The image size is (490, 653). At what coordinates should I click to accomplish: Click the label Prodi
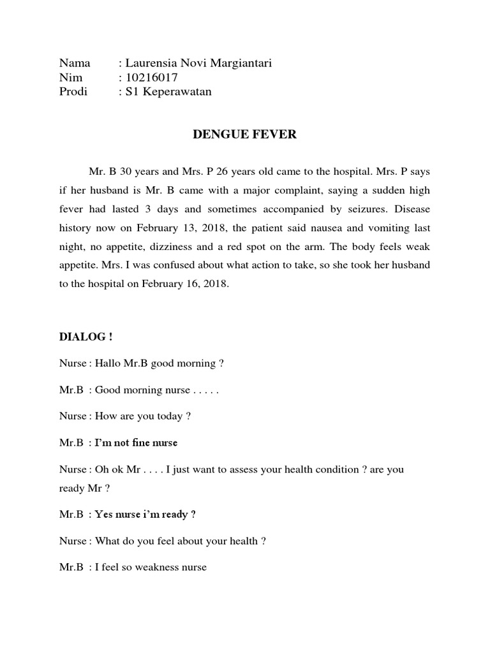coord(73,92)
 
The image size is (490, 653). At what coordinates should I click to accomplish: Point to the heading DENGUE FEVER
coord(245,135)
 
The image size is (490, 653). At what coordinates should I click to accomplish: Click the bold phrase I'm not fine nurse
coord(136,443)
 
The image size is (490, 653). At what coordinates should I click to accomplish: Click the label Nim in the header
coord(70,77)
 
